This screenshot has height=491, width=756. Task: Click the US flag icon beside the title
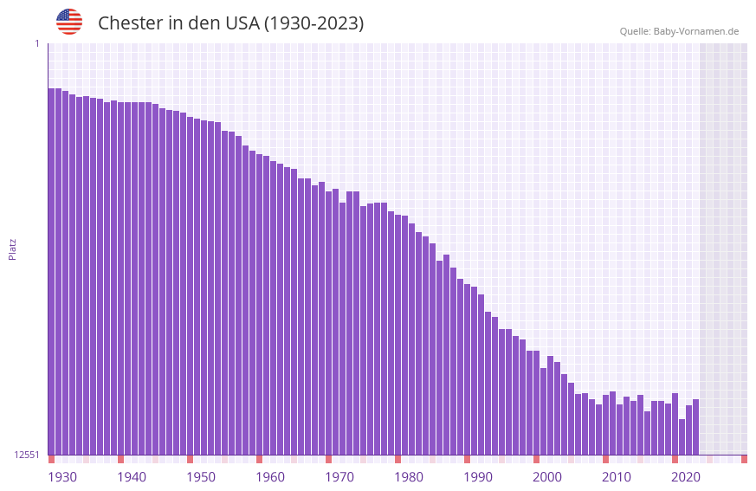point(69,22)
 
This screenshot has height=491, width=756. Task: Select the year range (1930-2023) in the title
point(313,23)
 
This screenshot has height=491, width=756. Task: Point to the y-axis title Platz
point(12,249)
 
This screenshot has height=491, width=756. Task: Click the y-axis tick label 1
point(36,43)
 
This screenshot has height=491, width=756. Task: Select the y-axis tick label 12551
point(27,455)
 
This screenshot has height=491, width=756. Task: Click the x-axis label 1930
point(62,477)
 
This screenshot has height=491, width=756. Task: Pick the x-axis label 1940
point(132,477)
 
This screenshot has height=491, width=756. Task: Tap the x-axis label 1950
point(201,477)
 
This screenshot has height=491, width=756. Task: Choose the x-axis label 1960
point(270,477)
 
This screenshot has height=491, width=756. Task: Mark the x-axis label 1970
point(339,477)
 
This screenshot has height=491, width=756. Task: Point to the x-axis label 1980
point(409,477)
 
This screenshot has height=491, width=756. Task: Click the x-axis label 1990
point(478,477)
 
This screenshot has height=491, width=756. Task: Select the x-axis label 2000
point(547,477)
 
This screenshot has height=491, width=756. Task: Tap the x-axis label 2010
point(617,477)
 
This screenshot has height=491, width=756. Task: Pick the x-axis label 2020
point(686,477)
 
